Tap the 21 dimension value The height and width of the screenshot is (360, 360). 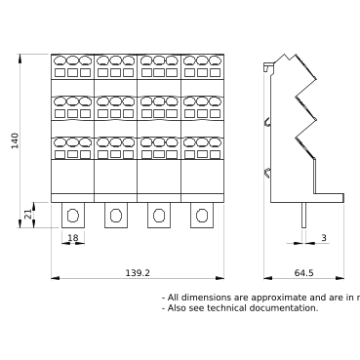(x=26, y=215)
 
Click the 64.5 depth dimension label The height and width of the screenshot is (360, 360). (x=303, y=273)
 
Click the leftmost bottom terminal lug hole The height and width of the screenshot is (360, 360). (x=72, y=215)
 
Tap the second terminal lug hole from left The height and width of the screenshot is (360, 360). (x=116, y=215)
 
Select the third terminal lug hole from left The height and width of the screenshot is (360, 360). (x=159, y=215)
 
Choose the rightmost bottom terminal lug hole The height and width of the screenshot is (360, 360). (x=202, y=215)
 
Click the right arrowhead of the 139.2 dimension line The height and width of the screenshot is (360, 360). (x=220, y=278)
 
